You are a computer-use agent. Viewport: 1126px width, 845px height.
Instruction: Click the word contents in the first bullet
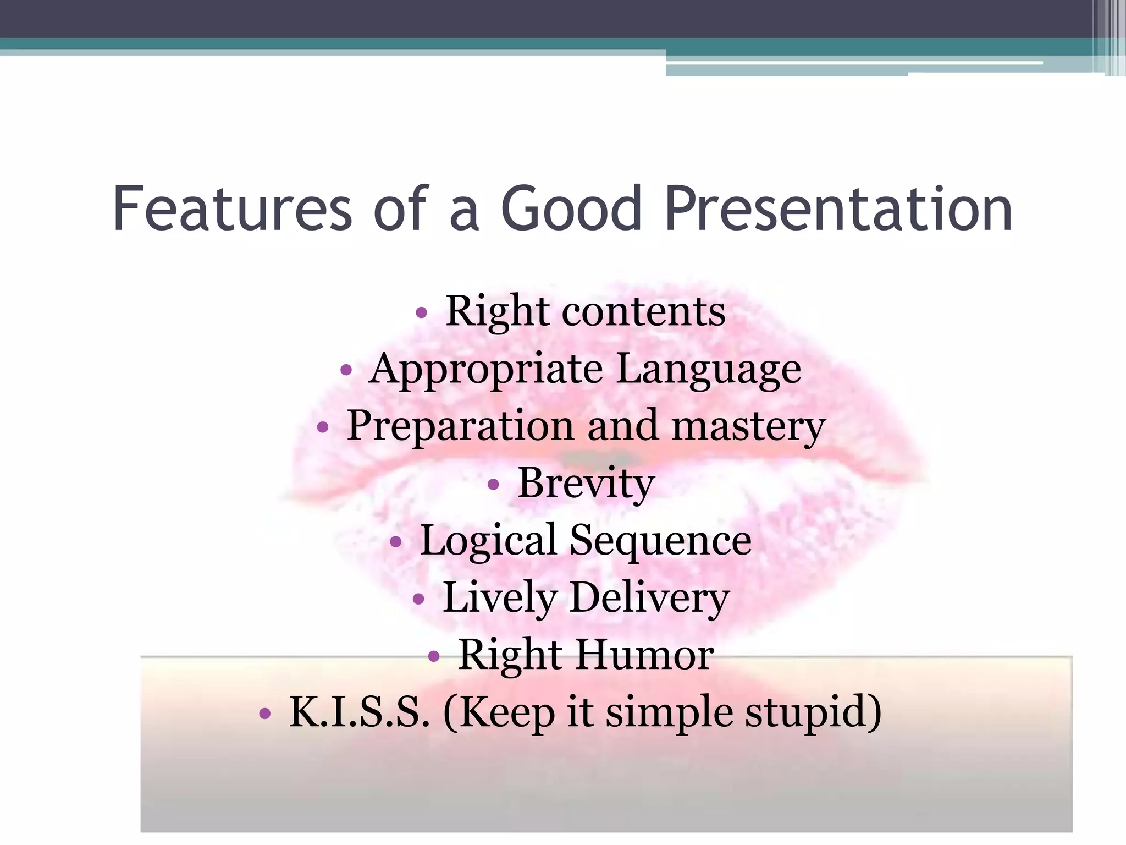coord(643,312)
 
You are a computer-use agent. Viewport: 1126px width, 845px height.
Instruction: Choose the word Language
coord(708,369)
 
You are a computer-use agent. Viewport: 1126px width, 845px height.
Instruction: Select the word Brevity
coord(586,484)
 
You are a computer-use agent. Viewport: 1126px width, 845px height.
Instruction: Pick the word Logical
coord(489,541)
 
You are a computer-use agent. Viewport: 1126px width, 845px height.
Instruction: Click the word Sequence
coord(660,541)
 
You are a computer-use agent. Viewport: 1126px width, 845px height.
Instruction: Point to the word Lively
coord(500,599)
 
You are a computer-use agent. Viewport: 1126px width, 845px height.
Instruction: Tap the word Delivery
coord(649,599)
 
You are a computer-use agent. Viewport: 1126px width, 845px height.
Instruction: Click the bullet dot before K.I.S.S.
coord(265,714)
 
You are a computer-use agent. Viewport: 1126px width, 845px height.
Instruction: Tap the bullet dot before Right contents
coord(421,313)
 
